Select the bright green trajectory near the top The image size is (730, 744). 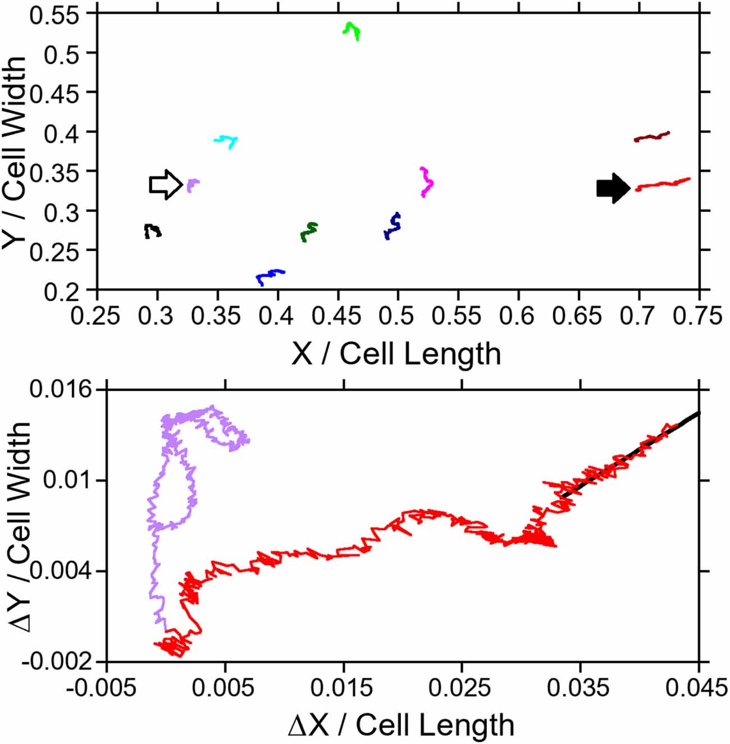(352, 30)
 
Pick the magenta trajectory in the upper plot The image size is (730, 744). (427, 182)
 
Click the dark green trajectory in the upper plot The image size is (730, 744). (309, 231)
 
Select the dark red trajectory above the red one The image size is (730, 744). (651, 136)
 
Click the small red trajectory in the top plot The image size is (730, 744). (663, 184)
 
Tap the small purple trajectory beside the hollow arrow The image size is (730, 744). (192, 184)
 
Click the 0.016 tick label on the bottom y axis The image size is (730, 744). (60, 389)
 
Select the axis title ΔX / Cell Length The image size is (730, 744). (401, 725)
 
